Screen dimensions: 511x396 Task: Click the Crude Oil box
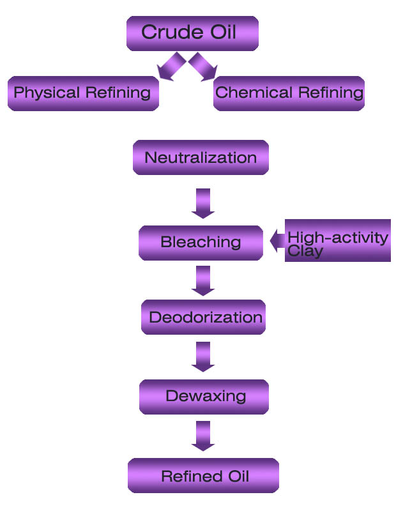pos(192,33)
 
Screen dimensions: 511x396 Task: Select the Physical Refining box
pos(83,93)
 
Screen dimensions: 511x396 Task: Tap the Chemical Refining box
pos(289,93)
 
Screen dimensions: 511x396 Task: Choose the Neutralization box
pos(201,158)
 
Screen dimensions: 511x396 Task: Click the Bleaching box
pos(201,243)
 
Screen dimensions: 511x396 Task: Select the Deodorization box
pos(203,317)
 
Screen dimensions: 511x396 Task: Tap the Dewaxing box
pos(204,397)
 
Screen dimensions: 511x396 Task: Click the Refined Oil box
pos(203,476)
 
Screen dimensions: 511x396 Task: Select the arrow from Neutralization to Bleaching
pos(203,203)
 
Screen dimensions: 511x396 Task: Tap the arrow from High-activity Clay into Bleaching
pos(277,241)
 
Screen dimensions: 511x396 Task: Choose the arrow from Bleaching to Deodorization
pos(203,280)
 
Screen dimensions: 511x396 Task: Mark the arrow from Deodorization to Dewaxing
pos(203,356)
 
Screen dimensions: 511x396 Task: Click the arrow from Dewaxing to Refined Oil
pos(203,436)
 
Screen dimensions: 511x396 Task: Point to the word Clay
pos(305,251)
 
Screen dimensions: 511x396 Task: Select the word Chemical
pos(248,93)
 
